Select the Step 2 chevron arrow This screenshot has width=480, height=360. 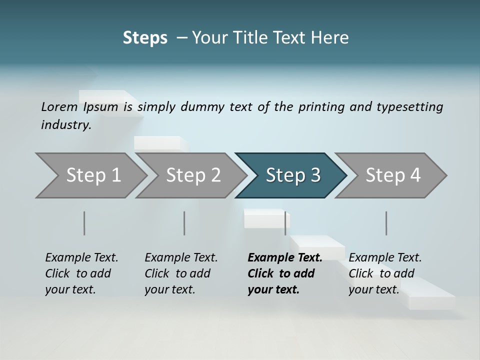[x=193, y=175]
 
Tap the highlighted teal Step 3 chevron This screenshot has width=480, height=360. [x=292, y=175]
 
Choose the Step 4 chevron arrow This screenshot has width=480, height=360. [x=393, y=175]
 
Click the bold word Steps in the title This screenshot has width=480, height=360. [x=145, y=38]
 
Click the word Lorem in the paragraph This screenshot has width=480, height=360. [x=59, y=106]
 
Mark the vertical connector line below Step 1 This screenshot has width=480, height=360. [x=84, y=223]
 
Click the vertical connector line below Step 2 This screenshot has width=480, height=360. [x=184, y=223]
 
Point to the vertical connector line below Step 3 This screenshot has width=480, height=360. [x=285, y=223]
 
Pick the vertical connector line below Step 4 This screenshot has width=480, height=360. [x=386, y=223]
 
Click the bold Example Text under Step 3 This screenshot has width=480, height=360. [x=285, y=257]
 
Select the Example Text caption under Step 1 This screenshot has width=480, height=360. [x=82, y=257]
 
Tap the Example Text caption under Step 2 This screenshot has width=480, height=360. [x=181, y=257]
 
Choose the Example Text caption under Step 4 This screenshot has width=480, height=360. [x=385, y=257]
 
